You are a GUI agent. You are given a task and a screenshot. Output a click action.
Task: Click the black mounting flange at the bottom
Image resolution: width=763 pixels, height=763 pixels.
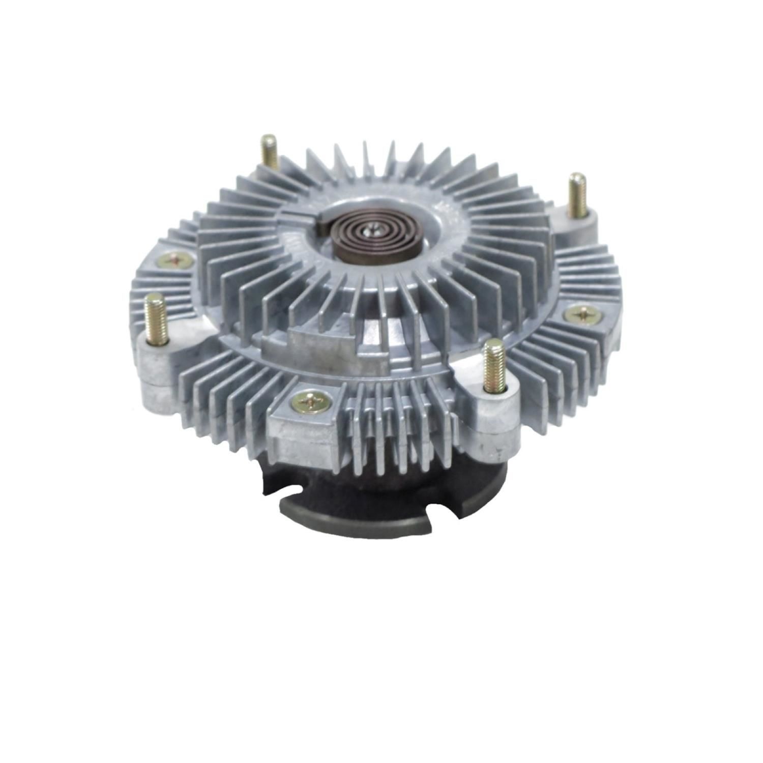coord(376,509)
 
